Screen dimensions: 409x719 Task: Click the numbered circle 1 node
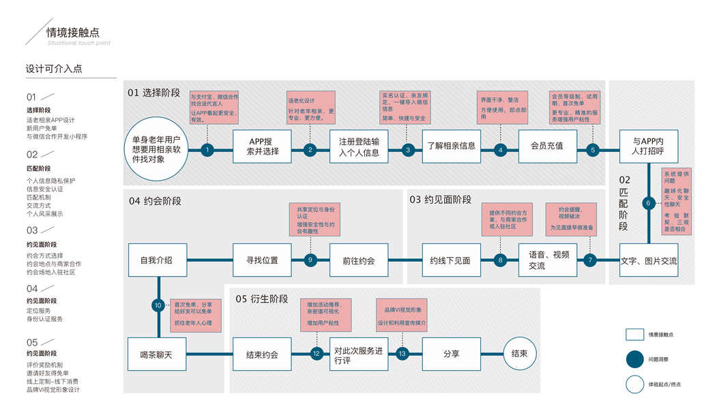(207, 150)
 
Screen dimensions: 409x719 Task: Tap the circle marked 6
(648, 202)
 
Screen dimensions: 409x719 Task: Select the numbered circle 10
(158, 305)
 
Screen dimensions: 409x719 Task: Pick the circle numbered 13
(402, 354)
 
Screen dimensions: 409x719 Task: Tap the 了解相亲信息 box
(451, 145)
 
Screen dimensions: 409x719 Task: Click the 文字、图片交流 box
(649, 260)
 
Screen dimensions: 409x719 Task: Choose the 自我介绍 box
(157, 260)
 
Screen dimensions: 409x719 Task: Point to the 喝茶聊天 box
(157, 354)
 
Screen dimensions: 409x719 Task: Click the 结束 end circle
(519, 354)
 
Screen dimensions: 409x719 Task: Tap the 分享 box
(451, 354)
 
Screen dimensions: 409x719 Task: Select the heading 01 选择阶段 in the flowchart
(154, 93)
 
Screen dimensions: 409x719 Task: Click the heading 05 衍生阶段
(261, 299)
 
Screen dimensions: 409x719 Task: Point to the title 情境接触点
(74, 32)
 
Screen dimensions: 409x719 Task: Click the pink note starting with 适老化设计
(310, 108)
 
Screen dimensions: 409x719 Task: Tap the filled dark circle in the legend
(635, 359)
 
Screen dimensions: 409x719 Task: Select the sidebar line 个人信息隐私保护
(50, 180)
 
